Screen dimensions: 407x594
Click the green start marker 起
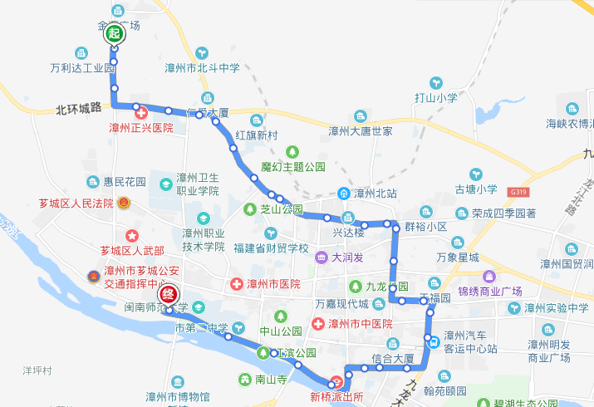pyautogui.click(x=114, y=34)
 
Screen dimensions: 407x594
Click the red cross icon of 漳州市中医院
pyautogui.click(x=317, y=323)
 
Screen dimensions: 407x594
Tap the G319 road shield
pyautogui.click(x=520, y=192)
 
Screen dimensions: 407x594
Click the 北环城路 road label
pyautogui.click(x=78, y=108)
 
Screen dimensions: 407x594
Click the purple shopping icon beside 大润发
pyautogui.click(x=321, y=257)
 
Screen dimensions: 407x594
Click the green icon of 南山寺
pyautogui.click(x=246, y=380)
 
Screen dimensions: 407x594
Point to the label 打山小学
pyautogui.click(x=436, y=97)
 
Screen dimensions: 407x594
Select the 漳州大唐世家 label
pyautogui.click(x=361, y=131)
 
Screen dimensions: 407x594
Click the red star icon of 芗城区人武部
pyautogui.click(x=131, y=236)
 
